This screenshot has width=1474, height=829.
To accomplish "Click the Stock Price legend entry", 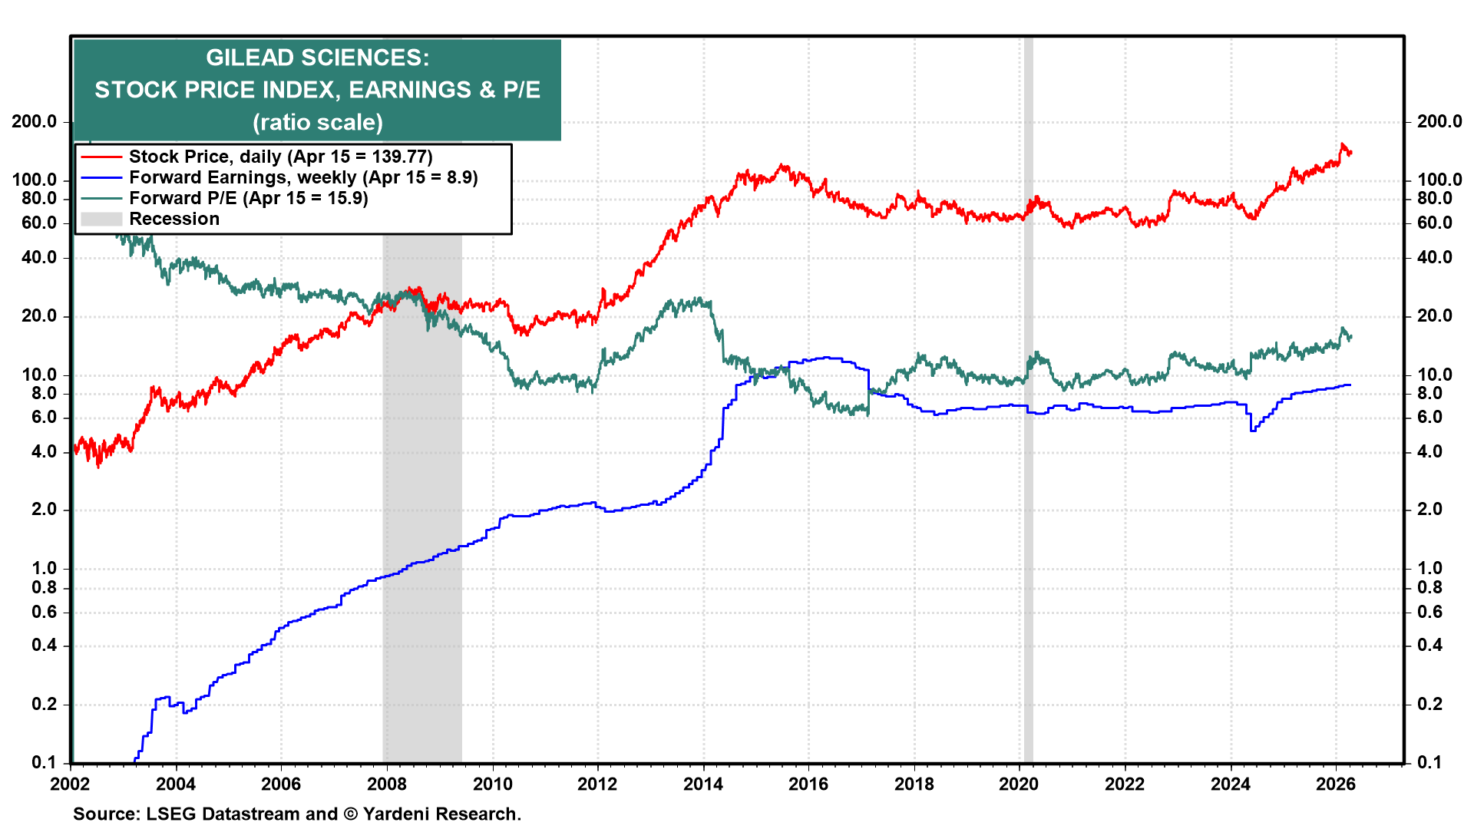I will [280, 157].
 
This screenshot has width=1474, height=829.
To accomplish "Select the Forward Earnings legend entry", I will [303, 177].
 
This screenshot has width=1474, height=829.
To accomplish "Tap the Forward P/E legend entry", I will [248, 198].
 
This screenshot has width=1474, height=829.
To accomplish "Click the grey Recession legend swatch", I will [101, 219].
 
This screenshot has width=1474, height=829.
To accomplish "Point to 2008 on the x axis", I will [386, 784].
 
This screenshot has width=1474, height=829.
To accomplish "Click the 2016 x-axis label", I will [808, 784].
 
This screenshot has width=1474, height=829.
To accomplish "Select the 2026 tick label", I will [1336, 784].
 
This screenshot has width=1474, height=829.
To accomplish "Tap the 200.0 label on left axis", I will [34, 121].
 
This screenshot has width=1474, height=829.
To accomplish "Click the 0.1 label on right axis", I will [1429, 762].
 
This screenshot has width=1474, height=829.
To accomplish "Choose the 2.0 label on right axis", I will [1429, 509].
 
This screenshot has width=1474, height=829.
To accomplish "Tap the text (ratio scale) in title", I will [317, 122].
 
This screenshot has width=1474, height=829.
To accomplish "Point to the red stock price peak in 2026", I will [1343, 144].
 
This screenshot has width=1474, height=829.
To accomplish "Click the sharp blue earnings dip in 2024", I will [1253, 430].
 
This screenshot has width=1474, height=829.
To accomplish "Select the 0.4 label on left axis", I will [44, 645].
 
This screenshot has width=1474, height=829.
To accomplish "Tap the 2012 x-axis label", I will [597, 784].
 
